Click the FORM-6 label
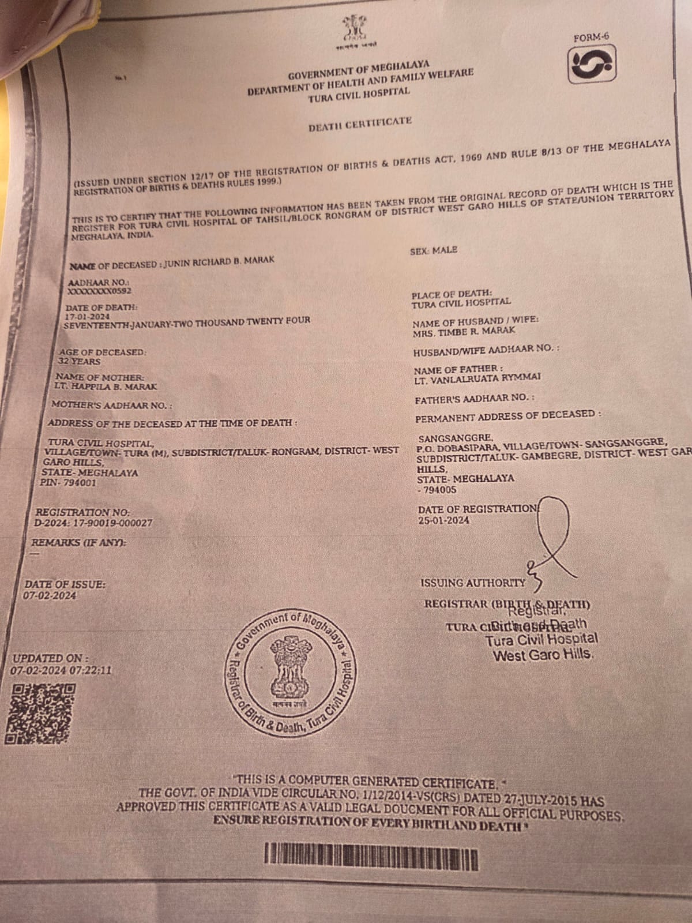tap(592, 37)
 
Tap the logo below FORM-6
tap(593, 64)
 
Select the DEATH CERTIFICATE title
tap(360, 123)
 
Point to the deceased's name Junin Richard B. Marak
tap(219, 262)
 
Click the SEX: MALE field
tap(433, 250)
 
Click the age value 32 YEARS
tap(80, 362)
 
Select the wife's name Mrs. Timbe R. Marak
tap(456, 331)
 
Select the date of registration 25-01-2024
tap(443, 520)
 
